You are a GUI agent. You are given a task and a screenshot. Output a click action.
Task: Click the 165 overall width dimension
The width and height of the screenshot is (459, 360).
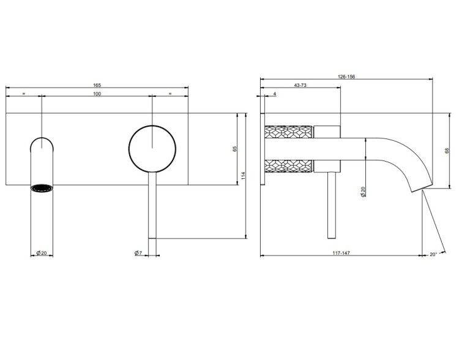tap(97, 85)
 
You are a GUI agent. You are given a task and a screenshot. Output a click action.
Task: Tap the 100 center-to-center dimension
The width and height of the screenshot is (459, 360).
tap(97, 94)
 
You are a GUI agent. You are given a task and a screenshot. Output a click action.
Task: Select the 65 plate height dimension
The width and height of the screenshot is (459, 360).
tap(235, 149)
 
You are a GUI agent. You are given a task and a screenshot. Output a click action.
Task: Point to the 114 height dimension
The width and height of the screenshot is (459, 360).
tap(243, 176)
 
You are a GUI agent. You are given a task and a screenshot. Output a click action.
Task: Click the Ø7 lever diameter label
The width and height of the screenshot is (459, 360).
tap(138, 253)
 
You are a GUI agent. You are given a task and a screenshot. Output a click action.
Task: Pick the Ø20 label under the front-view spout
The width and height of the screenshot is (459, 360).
tap(42, 253)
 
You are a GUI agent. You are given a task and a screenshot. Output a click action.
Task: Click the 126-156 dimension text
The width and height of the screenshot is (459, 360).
tap(346, 77)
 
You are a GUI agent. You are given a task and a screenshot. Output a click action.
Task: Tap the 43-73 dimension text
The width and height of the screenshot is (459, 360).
tap(300, 85)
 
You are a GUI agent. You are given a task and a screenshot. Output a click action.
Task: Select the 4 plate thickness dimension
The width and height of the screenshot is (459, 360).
tap(275, 94)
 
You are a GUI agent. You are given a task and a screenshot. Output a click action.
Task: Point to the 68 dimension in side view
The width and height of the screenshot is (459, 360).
tap(447, 151)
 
